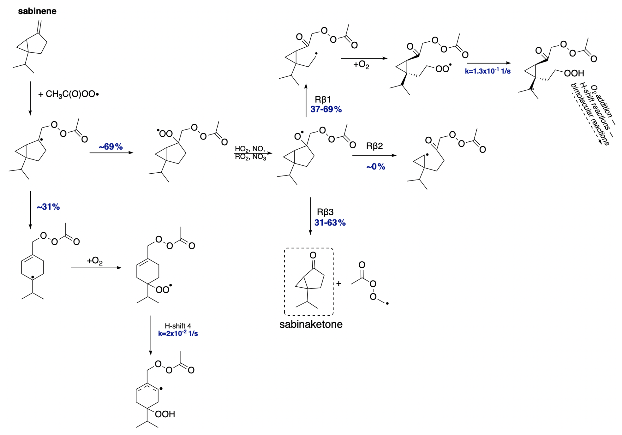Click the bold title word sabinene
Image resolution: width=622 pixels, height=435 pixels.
(x=37, y=11)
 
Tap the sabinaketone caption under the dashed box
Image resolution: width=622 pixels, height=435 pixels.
(x=311, y=324)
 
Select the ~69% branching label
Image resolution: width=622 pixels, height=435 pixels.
(x=111, y=147)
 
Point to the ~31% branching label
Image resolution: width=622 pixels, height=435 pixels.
(x=48, y=207)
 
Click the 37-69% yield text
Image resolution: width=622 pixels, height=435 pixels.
(x=326, y=109)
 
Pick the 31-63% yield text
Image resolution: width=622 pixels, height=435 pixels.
(x=330, y=223)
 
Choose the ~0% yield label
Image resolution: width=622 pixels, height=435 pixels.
(x=376, y=167)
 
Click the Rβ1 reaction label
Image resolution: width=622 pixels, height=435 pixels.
(x=323, y=99)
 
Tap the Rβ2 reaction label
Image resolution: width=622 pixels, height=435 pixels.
(x=374, y=146)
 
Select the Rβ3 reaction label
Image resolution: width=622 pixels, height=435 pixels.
(x=325, y=212)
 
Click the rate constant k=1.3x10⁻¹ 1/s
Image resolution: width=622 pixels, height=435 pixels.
(x=488, y=71)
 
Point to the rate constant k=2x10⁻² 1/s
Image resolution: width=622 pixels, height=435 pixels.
(x=178, y=333)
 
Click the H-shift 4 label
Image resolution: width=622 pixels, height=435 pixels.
(x=178, y=326)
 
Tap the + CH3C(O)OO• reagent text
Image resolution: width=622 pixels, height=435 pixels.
(x=68, y=94)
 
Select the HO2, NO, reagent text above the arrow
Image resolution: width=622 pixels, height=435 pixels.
(x=250, y=149)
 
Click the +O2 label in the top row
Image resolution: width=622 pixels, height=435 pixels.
(x=361, y=65)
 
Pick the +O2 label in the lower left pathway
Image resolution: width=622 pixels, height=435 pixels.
(x=95, y=261)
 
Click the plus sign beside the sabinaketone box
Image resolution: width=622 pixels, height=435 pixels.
(x=339, y=283)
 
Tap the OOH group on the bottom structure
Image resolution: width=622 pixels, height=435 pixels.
(x=165, y=414)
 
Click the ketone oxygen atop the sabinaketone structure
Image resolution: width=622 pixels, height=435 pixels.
(x=313, y=255)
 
